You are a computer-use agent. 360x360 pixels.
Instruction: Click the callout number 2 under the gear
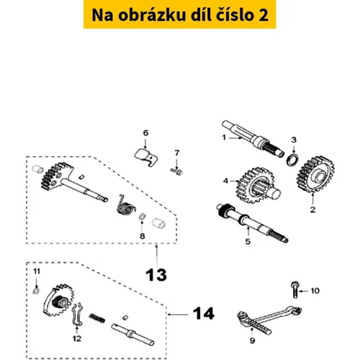pyautogui.click(x=312, y=210)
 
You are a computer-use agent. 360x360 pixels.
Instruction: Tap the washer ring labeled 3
pyautogui.click(x=293, y=159)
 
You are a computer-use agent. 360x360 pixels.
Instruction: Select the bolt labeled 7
pyautogui.click(x=176, y=171)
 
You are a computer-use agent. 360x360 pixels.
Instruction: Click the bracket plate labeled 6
pyautogui.click(x=146, y=157)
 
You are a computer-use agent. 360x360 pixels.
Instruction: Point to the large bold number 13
pyautogui.click(x=156, y=275)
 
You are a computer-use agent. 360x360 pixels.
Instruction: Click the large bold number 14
pyautogui.click(x=204, y=313)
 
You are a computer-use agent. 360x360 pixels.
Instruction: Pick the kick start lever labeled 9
pyautogui.click(x=269, y=320)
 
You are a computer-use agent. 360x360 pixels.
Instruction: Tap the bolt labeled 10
pyautogui.click(x=295, y=289)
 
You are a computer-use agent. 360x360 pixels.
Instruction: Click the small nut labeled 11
pyautogui.click(x=36, y=291)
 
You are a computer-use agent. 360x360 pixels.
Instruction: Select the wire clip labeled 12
pyautogui.click(x=77, y=316)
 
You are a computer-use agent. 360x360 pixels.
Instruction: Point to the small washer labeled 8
pyautogui.click(x=142, y=217)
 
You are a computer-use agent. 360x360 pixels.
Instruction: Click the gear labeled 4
pyautogui.click(x=256, y=185)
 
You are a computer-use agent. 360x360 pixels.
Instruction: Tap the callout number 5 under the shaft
pyautogui.click(x=248, y=241)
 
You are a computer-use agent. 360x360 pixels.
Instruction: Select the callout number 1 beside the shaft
pyautogui.click(x=224, y=138)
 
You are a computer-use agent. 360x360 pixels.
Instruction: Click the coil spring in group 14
pyautogui.click(x=97, y=318)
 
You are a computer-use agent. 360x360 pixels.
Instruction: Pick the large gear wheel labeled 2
pyautogui.click(x=315, y=174)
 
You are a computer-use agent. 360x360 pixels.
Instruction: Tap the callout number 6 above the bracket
pyautogui.click(x=145, y=132)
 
